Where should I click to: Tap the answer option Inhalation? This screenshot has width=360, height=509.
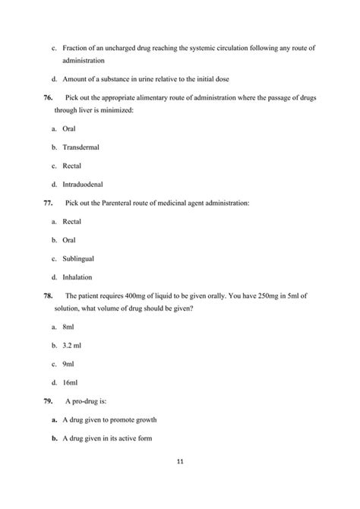click(78, 277)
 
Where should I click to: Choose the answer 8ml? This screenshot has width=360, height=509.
click(68, 327)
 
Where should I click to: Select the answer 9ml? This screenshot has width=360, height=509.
click(68, 363)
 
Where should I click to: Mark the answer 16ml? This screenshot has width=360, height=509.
click(70, 382)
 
